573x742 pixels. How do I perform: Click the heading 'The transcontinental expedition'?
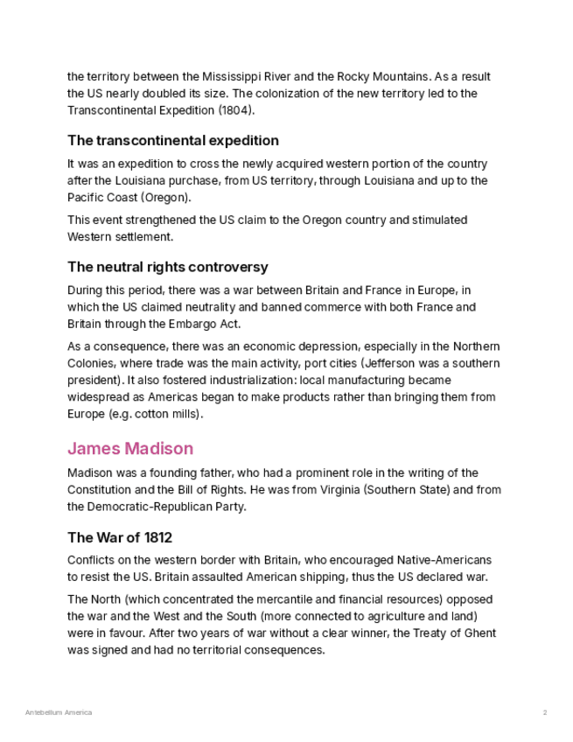[x=172, y=140]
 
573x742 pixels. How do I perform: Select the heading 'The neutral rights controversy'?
[x=167, y=267]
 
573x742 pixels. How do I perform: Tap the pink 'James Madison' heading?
[x=130, y=449]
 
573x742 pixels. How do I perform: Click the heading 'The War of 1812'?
[x=119, y=537]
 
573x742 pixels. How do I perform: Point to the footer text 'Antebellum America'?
[x=59, y=713]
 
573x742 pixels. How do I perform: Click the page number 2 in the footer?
[x=544, y=713]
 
